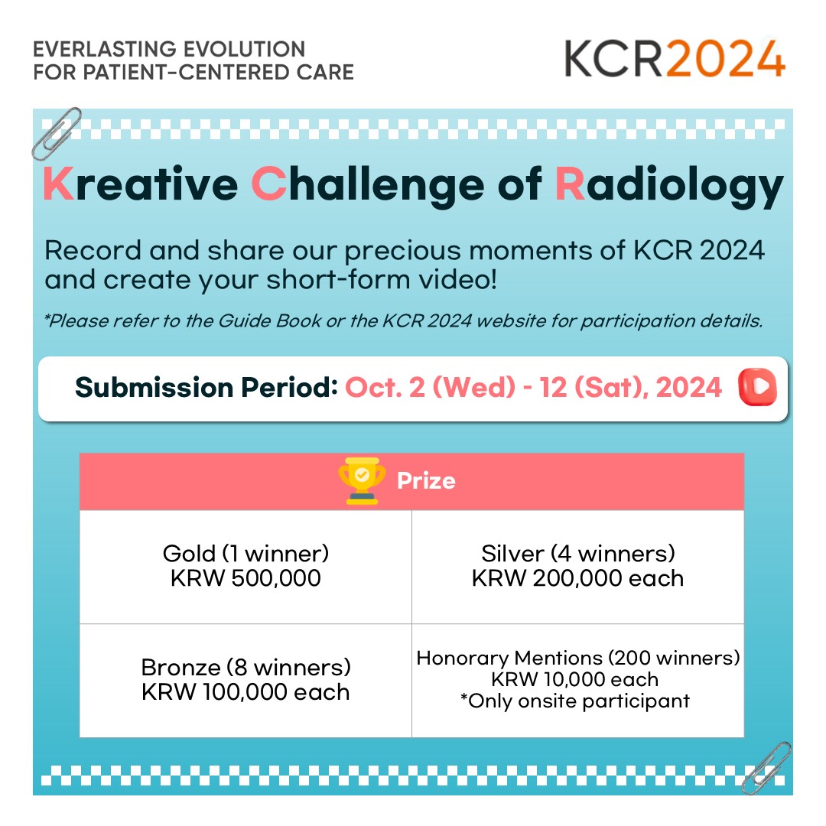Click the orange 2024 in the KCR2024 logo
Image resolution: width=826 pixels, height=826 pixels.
coord(727,59)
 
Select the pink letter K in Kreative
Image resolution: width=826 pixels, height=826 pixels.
coord(58,184)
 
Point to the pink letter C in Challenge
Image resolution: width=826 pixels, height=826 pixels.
coord(268,184)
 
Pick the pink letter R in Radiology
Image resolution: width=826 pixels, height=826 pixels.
coord(570,184)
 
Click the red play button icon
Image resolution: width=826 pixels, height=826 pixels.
coord(757,387)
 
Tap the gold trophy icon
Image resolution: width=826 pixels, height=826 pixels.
coord(361,480)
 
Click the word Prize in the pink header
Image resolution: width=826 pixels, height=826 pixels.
coord(426,481)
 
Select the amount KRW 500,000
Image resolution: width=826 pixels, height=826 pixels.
coord(246,578)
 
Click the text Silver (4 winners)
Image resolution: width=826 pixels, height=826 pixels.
coord(578,554)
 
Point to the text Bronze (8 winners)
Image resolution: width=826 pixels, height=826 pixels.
coord(246,668)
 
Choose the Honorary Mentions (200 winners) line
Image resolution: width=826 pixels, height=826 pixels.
coord(578,658)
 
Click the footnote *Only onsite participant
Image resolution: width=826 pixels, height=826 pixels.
coord(574,701)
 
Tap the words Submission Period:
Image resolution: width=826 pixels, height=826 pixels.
coord(206,388)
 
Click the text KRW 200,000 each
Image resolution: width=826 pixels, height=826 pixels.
coord(578,578)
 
